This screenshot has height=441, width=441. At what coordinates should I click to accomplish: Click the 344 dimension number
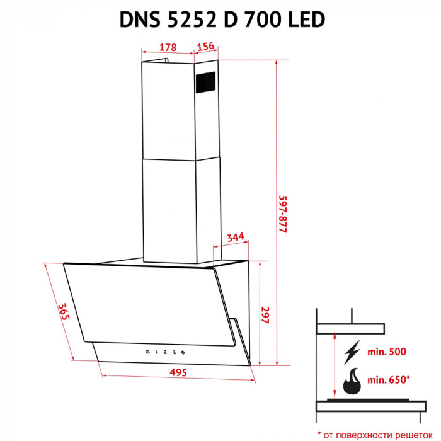[235, 237]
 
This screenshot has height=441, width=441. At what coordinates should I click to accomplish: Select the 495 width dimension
[178, 372]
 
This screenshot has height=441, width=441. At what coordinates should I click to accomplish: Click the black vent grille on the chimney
[206, 83]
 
